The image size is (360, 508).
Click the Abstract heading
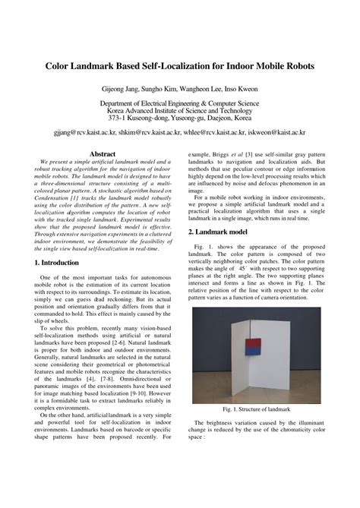pos(102,153)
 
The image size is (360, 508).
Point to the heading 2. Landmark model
pos(220,230)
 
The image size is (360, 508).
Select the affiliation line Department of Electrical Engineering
pos(180,102)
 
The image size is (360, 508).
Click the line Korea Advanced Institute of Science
pos(180,110)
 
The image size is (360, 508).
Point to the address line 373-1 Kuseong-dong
pos(180,118)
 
